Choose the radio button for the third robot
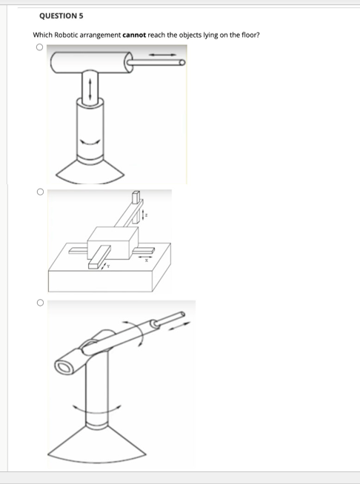(37, 303)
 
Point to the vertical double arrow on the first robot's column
(90, 91)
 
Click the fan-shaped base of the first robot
(90, 172)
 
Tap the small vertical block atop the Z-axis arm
(136, 198)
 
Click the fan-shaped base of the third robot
(96, 448)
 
